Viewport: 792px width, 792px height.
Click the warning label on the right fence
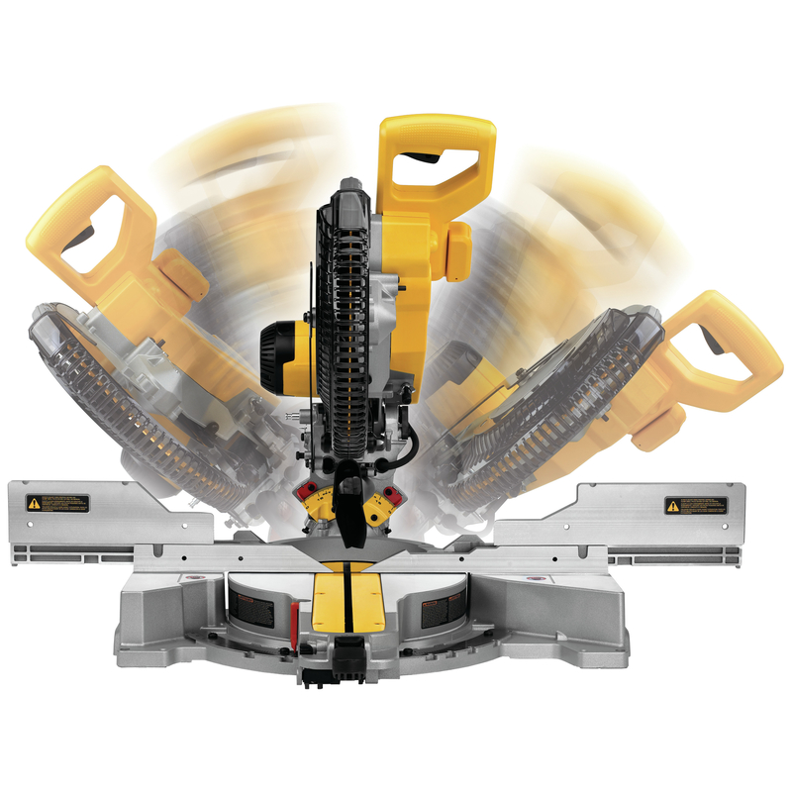pyautogui.click(x=695, y=505)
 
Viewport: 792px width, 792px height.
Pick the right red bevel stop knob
pyautogui.click(x=391, y=492)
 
